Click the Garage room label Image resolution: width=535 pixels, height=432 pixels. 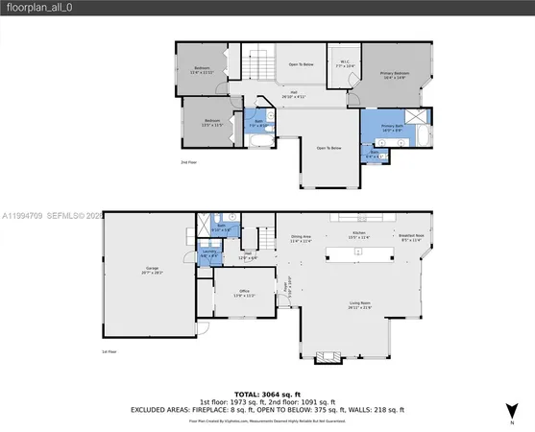tap(153, 273)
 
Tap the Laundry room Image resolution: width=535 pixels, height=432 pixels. tap(208, 254)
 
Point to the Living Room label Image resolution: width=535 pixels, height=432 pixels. tap(359, 305)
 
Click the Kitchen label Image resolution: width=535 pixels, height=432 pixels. tap(358, 236)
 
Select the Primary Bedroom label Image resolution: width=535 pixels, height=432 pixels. tap(395, 75)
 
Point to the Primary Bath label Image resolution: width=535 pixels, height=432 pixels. tap(392, 128)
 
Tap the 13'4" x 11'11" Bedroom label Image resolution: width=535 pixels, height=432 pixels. tap(202, 69)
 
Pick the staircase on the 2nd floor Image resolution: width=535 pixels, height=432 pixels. tap(258, 64)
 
